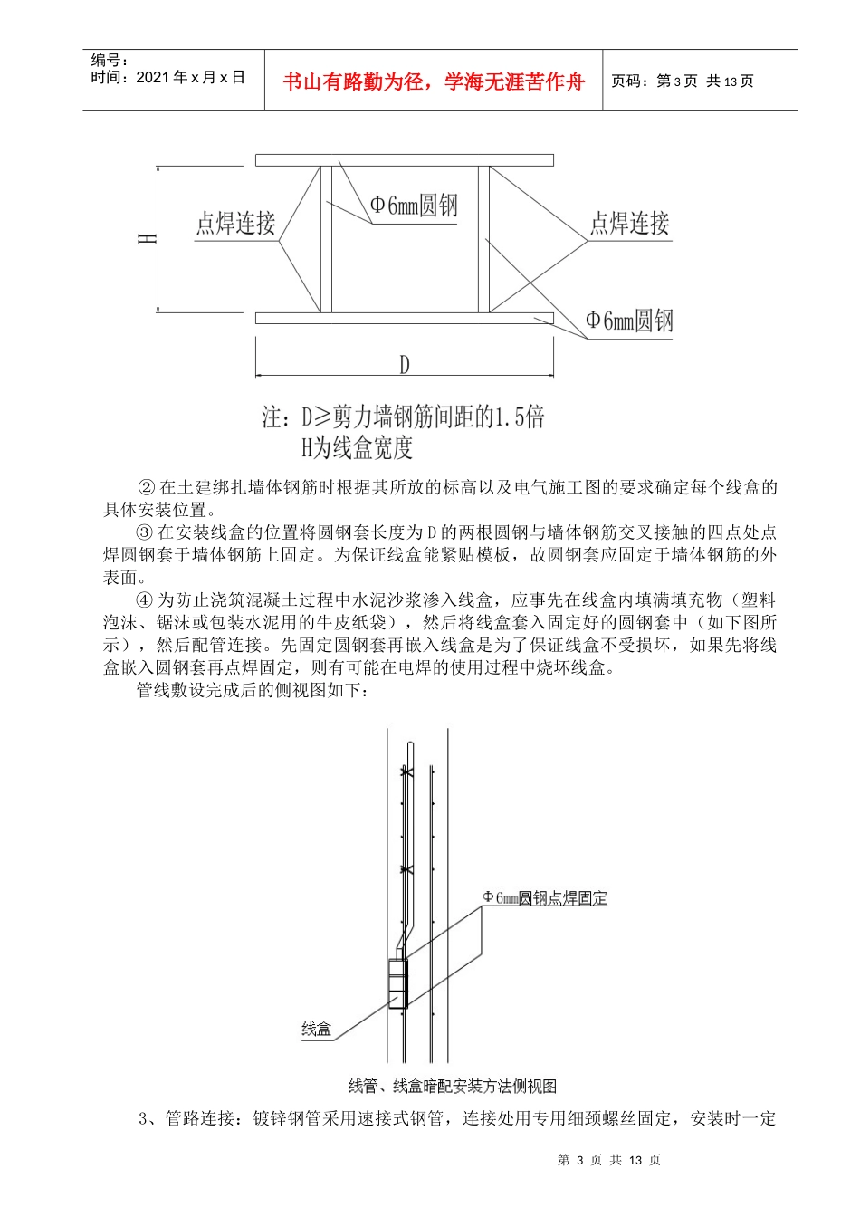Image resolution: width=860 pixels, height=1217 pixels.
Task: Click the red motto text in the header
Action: click(x=434, y=81)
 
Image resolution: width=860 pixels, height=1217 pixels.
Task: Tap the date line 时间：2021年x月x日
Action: click(x=167, y=78)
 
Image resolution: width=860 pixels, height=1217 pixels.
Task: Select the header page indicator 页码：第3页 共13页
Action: click(x=683, y=81)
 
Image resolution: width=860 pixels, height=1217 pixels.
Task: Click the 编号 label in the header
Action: click(x=110, y=61)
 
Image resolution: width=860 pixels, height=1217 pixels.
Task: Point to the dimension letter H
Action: click(x=148, y=239)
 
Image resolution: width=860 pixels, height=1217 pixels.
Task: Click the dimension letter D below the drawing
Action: click(x=404, y=364)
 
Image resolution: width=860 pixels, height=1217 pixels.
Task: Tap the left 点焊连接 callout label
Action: click(x=235, y=223)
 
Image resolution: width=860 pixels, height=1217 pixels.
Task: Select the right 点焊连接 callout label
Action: click(x=630, y=223)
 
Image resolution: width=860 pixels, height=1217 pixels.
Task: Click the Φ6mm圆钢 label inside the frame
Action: click(x=414, y=206)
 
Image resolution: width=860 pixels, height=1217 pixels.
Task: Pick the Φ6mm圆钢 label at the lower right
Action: click(x=629, y=321)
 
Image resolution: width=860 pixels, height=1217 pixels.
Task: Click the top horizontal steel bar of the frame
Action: click(x=404, y=160)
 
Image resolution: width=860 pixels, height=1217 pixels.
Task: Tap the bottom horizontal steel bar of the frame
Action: click(x=404, y=318)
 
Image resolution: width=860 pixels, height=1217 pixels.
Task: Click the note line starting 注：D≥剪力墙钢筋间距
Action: click(x=404, y=417)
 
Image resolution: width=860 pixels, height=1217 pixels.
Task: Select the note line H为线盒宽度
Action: click(x=357, y=447)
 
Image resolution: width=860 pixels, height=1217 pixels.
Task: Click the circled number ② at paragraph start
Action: click(x=147, y=487)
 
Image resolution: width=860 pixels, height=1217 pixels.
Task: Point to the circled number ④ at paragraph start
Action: click(x=145, y=600)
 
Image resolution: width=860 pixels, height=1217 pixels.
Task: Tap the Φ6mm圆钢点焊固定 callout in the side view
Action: click(x=544, y=898)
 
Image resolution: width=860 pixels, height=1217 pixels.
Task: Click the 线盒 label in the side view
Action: click(x=317, y=1029)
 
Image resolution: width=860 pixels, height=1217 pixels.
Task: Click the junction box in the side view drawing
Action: click(x=397, y=982)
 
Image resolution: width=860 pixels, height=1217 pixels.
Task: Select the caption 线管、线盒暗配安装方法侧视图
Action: click(x=452, y=1086)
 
